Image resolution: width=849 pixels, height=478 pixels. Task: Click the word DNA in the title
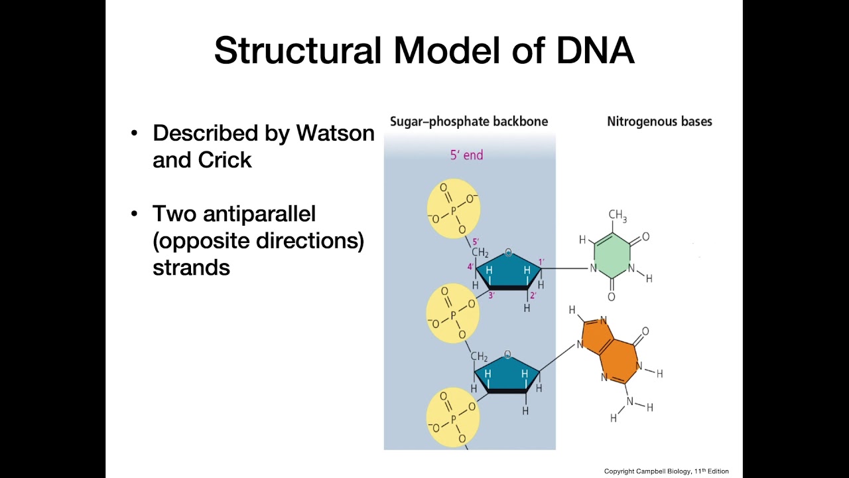595,51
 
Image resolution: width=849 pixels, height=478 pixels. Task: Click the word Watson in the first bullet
335,133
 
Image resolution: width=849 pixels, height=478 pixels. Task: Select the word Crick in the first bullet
227,160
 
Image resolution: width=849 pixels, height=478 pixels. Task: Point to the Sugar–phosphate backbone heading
469,121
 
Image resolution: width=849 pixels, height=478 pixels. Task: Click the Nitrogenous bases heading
659,121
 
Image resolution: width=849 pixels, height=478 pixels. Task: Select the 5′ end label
467,155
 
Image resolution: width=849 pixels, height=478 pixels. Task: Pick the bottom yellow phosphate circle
452,416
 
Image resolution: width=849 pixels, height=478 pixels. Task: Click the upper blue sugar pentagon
508,271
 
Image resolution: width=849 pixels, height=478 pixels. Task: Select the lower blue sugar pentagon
507,374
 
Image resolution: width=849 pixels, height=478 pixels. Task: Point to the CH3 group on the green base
617,215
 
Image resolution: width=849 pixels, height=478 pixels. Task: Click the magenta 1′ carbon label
541,262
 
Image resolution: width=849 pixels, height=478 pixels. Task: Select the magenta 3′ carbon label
491,295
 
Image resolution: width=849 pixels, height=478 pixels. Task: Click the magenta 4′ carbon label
470,268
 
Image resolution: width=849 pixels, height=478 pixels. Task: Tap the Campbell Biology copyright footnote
666,471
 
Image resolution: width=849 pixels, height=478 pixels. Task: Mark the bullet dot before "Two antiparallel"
135,214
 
